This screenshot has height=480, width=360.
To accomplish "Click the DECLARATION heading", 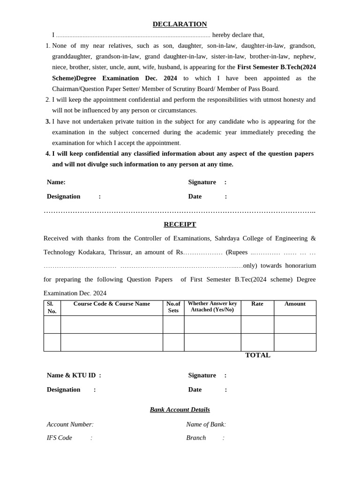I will (x=180, y=24).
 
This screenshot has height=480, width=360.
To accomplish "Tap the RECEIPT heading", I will (x=180, y=224).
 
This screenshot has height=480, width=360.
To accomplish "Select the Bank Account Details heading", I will (x=180, y=409).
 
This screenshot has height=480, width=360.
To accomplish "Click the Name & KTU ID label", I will (x=71, y=375).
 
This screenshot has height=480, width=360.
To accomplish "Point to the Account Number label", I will (x=69, y=424).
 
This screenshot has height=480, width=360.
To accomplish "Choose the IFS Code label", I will (x=60, y=438).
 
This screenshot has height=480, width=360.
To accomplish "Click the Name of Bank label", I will (x=205, y=424).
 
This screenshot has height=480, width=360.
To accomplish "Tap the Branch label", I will (x=196, y=438).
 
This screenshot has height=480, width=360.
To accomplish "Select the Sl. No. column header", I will (x=52, y=307).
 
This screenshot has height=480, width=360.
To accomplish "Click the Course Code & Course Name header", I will (x=112, y=304).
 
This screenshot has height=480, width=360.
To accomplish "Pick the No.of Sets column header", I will (x=173, y=307).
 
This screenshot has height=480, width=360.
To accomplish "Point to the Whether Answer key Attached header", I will (x=212, y=307).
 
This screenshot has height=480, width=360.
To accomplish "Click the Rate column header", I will (x=257, y=304).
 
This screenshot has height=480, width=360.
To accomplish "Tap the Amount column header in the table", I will (x=295, y=304).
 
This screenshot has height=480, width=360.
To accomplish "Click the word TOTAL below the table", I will (x=258, y=355).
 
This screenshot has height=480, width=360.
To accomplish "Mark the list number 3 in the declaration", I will (x=48, y=121).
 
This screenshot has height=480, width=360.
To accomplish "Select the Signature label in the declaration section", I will (x=202, y=182).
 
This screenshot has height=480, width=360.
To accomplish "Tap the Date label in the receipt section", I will (x=195, y=390).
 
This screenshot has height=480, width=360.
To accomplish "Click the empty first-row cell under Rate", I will (x=257, y=324).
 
